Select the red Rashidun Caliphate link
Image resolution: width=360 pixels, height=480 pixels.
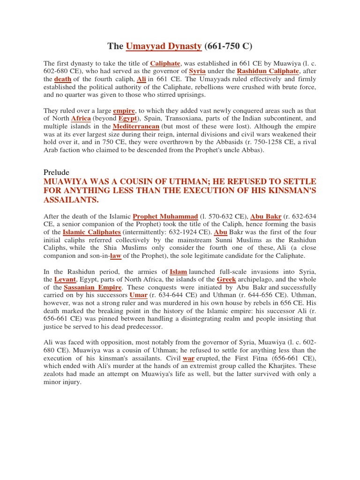tap(268, 71)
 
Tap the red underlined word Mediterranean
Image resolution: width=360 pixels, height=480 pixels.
tap(140, 127)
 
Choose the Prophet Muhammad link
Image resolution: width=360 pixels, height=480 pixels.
tap(165, 216)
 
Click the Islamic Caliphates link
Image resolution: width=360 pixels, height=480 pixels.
tap(92, 232)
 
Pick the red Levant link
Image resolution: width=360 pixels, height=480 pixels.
tap(62, 279)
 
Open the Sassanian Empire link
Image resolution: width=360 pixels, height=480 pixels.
tap(93, 287)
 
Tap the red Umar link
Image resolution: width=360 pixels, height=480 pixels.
tap(138, 295)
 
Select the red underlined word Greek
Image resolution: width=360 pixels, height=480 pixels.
tap(226, 279)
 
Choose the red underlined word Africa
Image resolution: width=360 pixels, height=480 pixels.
tap(81, 119)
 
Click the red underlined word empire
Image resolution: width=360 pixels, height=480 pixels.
tap(124, 111)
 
